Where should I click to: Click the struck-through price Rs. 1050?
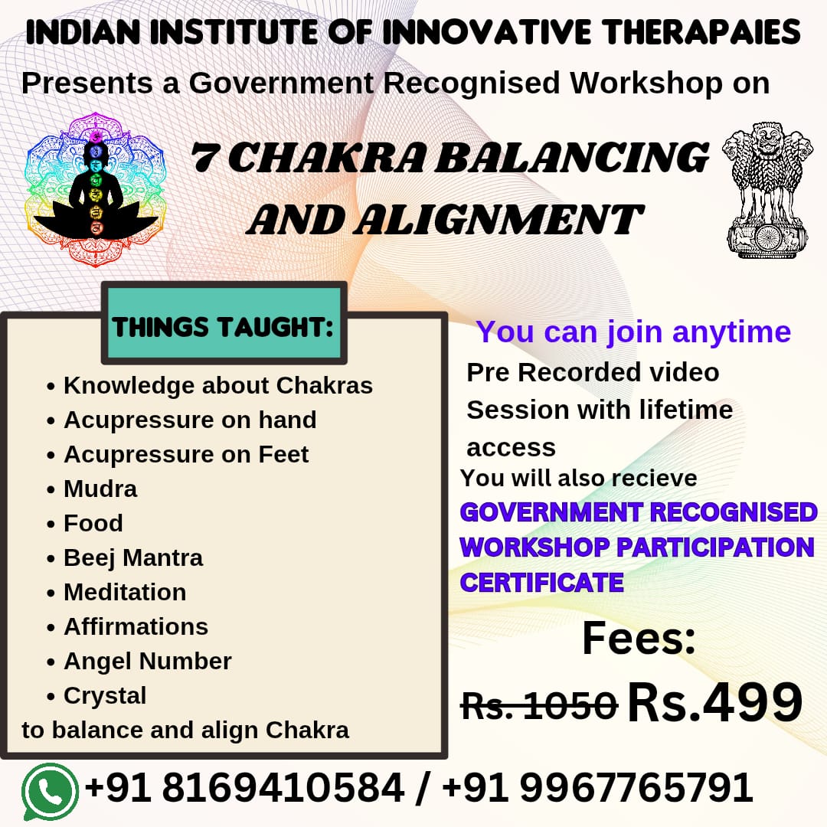coord(539,704)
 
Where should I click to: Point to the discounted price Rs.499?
coord(714,701)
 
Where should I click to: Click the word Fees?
coord(639,639)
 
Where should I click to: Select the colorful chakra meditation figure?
coord(96,188)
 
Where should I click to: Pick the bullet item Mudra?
coord(100,489)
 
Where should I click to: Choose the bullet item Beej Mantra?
coord(133,557)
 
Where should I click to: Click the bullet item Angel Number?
coord(147,661)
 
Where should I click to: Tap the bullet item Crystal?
coord(105,695)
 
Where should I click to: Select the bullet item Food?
coord(93,523)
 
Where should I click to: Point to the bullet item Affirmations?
coord(136,626)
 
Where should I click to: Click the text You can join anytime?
coord(633,332)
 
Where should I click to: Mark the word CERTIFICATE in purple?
coord(541,583)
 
